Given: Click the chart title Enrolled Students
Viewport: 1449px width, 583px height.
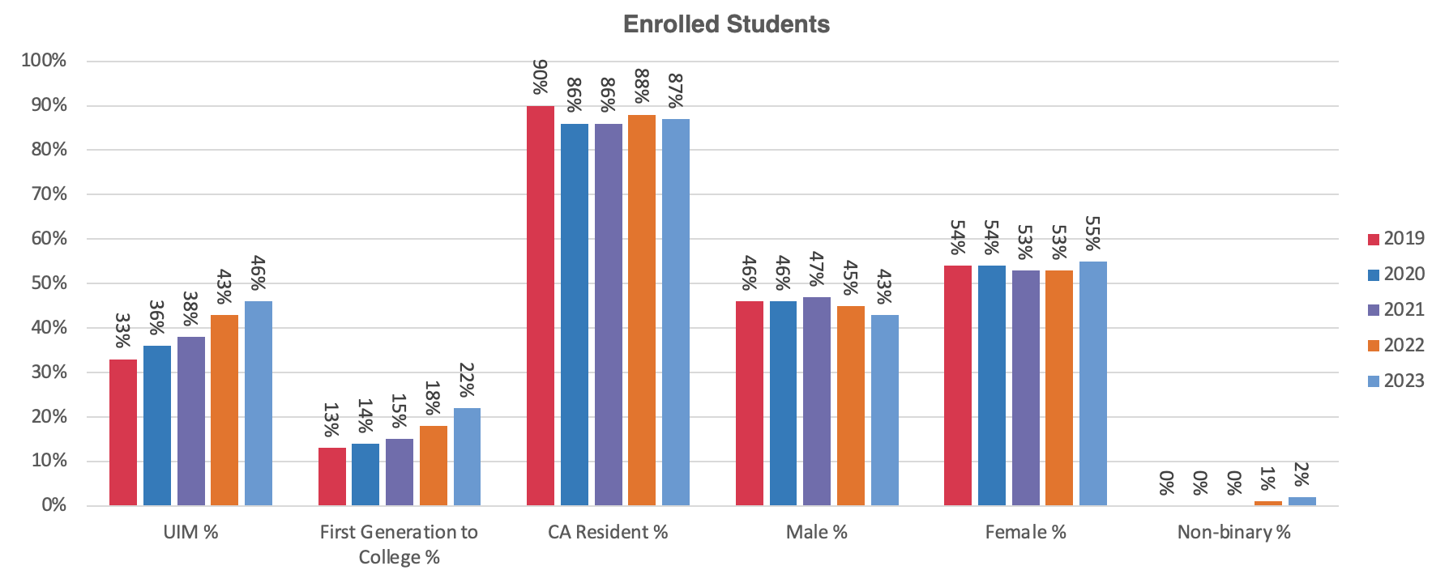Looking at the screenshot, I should [726, 24].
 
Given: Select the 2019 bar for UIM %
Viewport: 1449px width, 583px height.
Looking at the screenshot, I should [123, 432].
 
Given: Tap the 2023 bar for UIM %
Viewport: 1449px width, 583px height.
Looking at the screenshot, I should [259, 403].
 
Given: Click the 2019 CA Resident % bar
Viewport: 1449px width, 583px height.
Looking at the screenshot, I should [541, 306].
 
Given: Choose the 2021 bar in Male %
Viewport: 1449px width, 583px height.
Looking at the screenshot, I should [817, 401].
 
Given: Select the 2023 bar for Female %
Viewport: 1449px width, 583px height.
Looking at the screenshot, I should [1093, 383].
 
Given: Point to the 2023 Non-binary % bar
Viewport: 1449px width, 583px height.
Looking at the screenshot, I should [1302, 501].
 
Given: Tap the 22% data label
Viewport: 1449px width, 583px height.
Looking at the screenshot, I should [467, 380].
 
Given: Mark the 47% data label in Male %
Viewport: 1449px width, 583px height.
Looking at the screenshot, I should [817, 269].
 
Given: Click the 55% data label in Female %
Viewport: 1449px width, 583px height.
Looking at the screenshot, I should [1093, 233].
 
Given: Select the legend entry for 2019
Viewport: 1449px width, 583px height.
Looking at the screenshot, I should [1396, 239].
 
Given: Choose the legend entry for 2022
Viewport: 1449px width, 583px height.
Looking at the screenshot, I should [1396, 346].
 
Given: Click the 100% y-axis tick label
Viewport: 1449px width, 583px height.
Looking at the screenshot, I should [45, 61].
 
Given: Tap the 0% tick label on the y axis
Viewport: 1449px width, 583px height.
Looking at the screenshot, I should [53, 505].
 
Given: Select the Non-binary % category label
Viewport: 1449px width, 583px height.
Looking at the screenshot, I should [1233, 533].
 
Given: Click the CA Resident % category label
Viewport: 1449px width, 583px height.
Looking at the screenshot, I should [608, 533].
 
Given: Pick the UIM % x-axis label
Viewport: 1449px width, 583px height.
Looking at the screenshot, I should [190, 533].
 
